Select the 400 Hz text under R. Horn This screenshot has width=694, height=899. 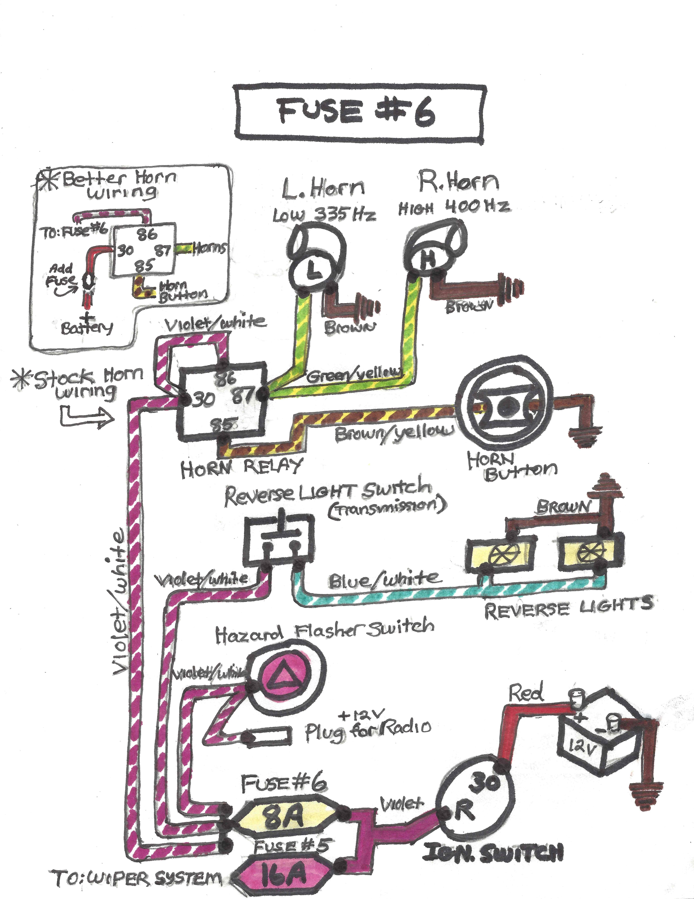(477, 207)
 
